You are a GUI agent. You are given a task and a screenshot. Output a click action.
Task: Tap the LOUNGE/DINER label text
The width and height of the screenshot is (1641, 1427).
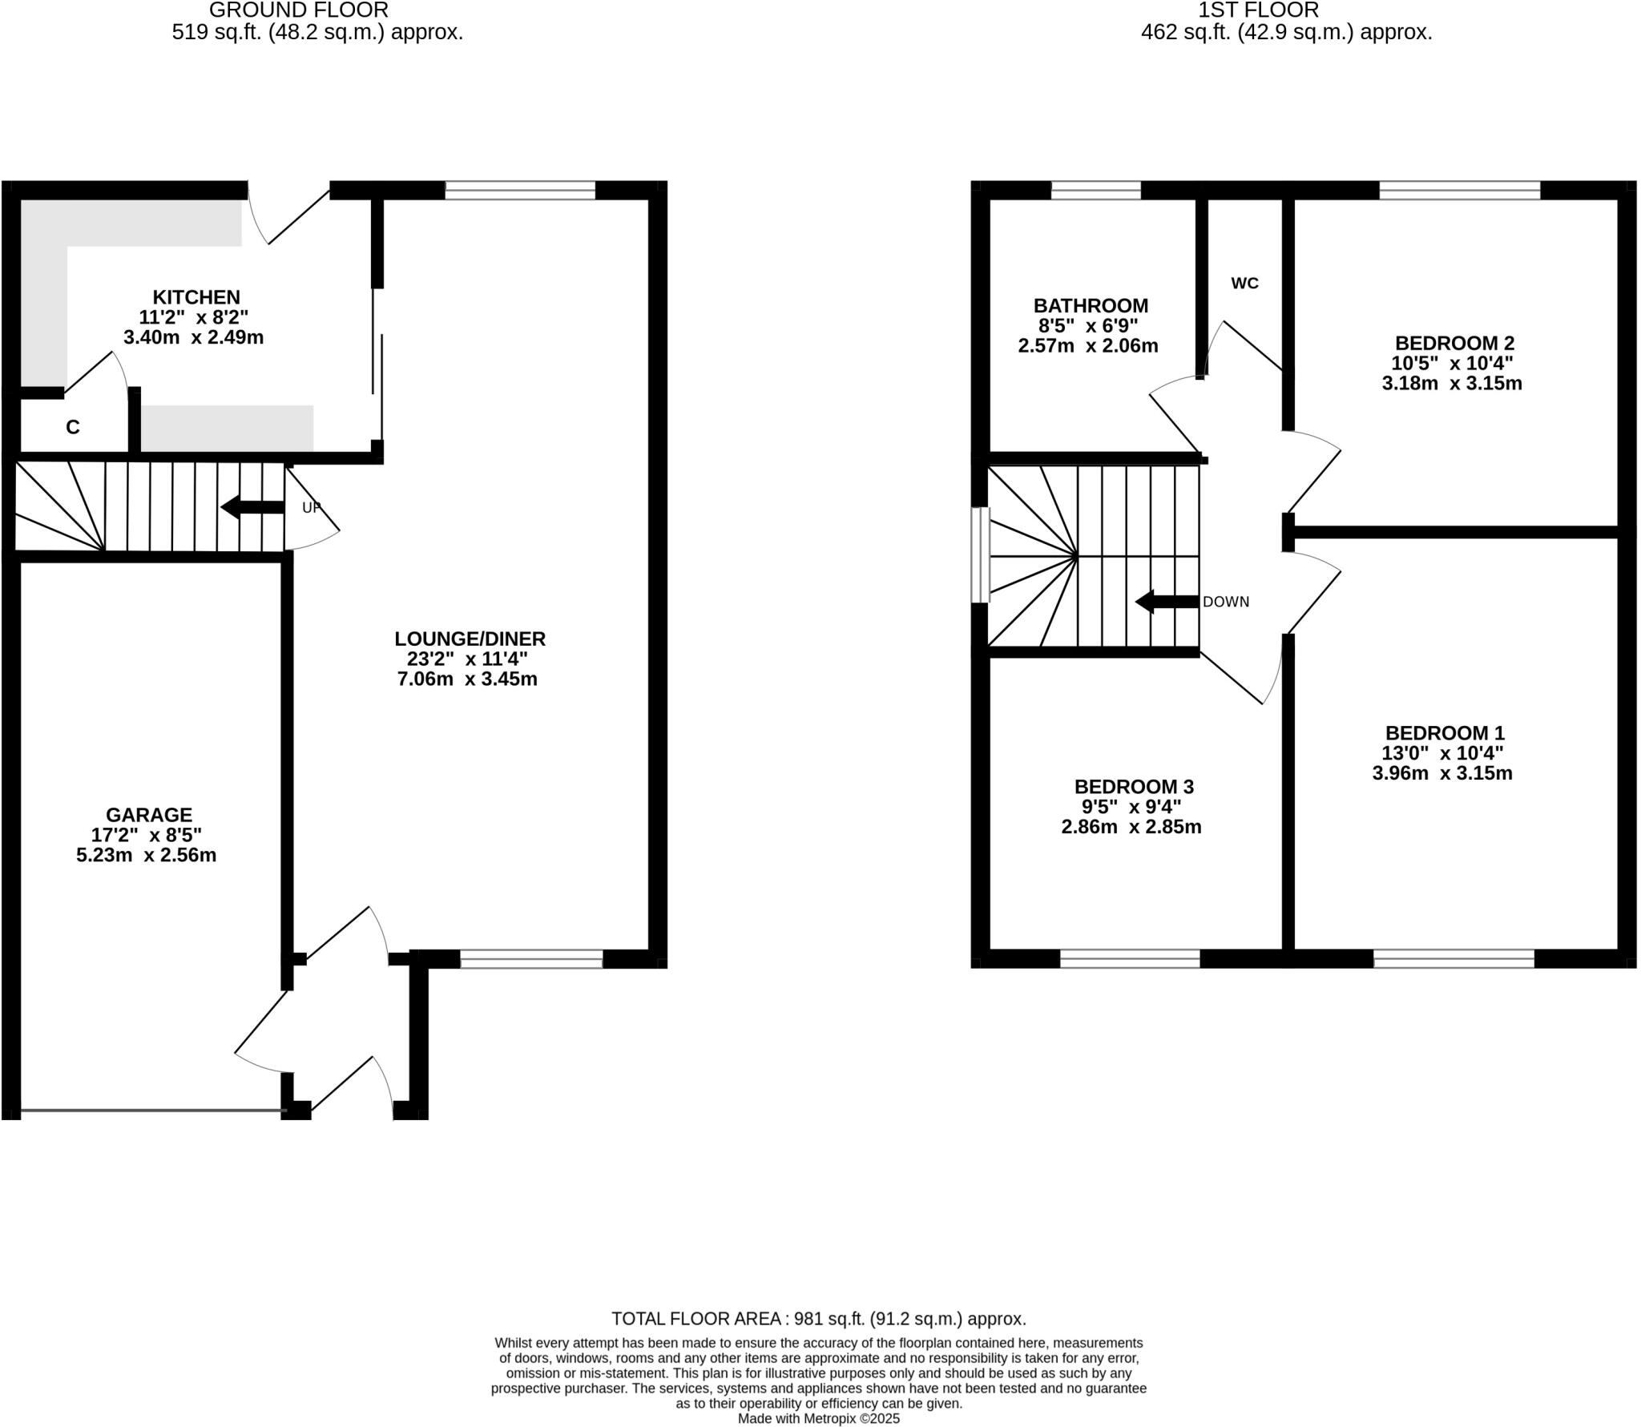click(470, 639)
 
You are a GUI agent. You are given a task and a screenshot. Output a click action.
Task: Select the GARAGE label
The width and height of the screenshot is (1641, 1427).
click(149, 815)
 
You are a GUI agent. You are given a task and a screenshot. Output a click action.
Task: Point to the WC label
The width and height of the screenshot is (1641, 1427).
click(1244, 283)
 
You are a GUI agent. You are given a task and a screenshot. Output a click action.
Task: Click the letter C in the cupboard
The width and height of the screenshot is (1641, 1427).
click(72, 427)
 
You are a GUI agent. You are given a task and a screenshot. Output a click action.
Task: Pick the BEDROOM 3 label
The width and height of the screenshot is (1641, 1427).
click(1133, 786)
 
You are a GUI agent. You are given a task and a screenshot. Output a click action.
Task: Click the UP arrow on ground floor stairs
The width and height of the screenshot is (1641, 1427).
click(252, 507)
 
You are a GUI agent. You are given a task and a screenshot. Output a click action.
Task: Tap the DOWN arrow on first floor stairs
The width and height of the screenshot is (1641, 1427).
click(1167, 602)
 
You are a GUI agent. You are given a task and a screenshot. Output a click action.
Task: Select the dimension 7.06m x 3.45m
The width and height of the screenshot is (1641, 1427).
click(467, 679)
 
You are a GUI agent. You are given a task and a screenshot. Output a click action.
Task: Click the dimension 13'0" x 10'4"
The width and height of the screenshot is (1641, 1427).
click(1442, 753)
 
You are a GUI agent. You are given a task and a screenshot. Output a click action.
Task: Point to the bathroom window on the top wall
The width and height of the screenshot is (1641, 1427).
click(1095, 190)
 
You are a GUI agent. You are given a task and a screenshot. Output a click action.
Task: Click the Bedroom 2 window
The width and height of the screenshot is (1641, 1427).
click(1459, 190)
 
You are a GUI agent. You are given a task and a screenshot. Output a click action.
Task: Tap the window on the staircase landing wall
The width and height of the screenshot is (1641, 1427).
click(981, 554)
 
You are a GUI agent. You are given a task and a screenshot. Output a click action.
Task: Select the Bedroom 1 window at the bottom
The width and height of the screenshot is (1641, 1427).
click(1454, 958)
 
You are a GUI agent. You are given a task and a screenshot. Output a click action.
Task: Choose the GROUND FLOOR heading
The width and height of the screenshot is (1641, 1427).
click(299, 10)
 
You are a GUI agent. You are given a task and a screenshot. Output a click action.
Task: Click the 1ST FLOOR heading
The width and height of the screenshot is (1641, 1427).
click(1258, 10)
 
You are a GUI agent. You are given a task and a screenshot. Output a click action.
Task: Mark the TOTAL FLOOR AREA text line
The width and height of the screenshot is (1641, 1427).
click(818, 1319)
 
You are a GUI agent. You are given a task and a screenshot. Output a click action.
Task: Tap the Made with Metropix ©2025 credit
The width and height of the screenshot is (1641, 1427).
click(818, 1419)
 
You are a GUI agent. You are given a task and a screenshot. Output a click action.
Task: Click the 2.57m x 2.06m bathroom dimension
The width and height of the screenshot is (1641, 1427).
click(1088, 346)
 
